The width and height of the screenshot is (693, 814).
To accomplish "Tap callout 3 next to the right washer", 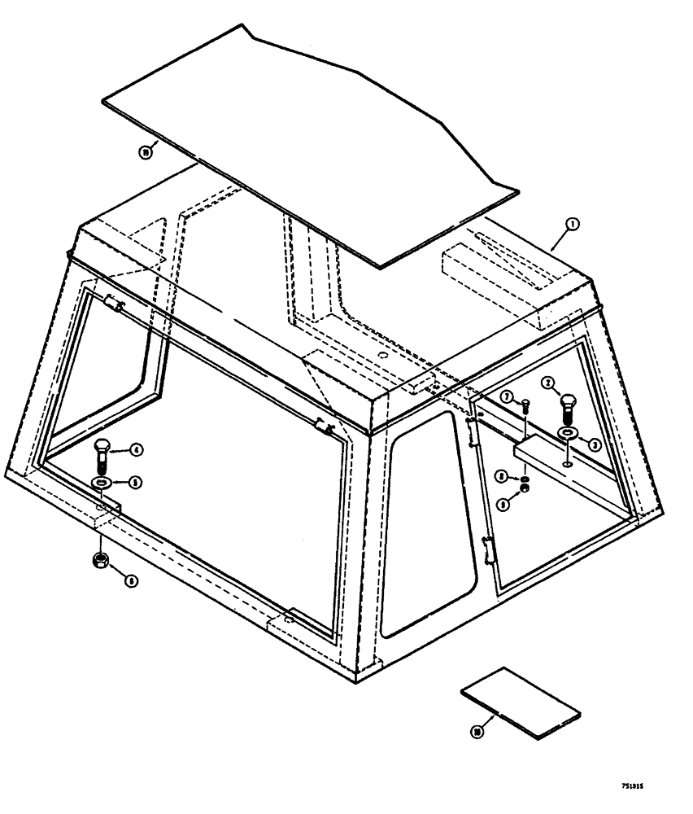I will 594,444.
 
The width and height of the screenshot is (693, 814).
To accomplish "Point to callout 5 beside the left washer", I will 137,483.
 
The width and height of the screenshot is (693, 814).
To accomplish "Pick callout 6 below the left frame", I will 131,580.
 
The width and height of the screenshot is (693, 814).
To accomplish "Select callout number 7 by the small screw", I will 506,396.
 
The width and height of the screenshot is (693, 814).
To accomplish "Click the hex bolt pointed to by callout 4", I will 104,455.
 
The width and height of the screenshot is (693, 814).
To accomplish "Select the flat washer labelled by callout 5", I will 102,486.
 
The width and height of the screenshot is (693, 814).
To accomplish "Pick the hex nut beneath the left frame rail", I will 101,560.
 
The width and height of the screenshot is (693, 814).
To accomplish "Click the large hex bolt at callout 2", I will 567,407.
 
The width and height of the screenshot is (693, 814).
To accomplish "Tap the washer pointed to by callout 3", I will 566,433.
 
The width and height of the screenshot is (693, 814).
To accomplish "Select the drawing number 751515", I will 639,788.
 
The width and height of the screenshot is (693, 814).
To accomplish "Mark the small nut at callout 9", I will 525,488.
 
